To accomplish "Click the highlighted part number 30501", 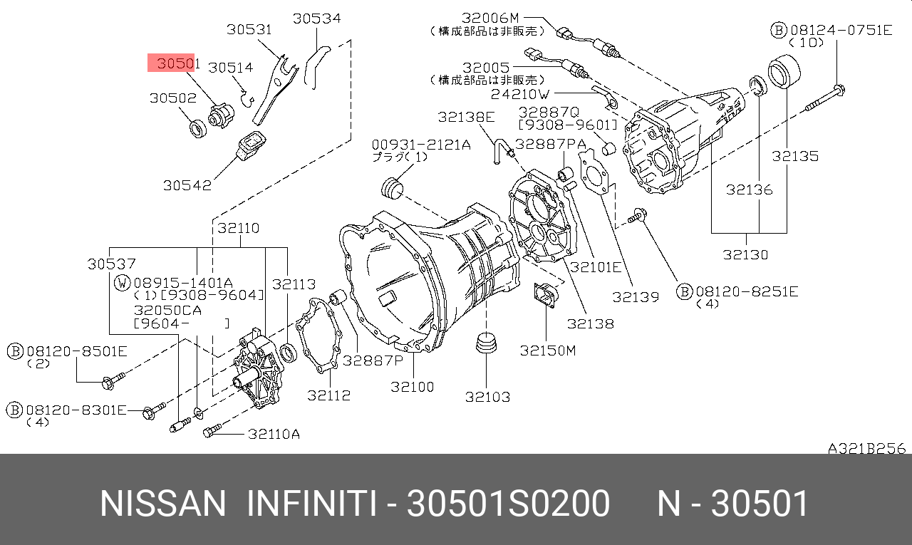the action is (x=179, y=63).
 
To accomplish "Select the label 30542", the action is (x=187, y=186).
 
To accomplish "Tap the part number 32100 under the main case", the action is (x=412, y=387).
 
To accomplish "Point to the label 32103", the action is (x=487, y=397).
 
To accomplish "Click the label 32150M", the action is (x=548, y=351).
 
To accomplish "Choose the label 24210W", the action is (x=520, y=95).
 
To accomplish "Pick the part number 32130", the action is (x=745, y=255).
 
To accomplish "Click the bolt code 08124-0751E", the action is (x=841, y=30).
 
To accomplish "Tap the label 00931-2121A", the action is (x=421, y=145).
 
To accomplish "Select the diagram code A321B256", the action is (x=867, y=449).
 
